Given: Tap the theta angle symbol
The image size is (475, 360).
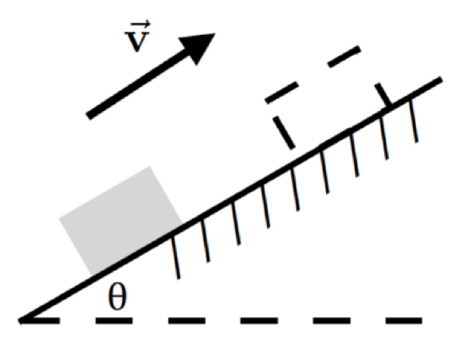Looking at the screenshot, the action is pyautogui.click(x=117, y=298).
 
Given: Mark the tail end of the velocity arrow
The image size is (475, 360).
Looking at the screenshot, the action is pyautogui.click(x=90, y=116).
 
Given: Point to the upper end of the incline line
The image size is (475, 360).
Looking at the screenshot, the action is pyautogui.click(x=441, y=80).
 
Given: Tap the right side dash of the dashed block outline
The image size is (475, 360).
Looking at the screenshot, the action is pyautogui.click(x=382, y=94).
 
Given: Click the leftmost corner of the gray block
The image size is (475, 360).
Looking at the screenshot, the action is pyautogui.click(x=61, y=220).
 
